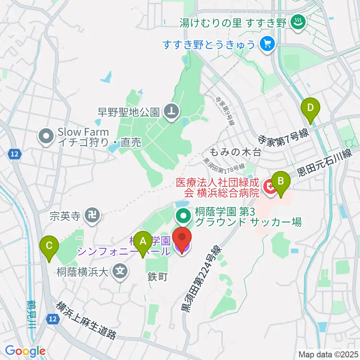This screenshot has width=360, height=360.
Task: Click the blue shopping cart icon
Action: pyautogui.click(x=267, y=45)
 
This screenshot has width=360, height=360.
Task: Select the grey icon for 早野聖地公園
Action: pyautogui.click(x=172, y=111)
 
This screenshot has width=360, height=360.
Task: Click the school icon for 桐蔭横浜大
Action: pyautogui.click(x=120, y=270)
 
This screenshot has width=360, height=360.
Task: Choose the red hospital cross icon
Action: pyautogui.click(x=269, y=186)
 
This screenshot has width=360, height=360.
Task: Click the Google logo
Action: pyautogui.click(x=25, y=351)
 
